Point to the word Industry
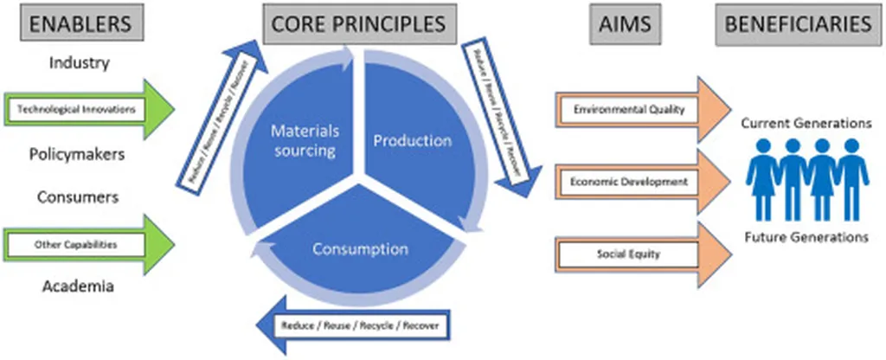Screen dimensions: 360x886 click(x=79, y=62)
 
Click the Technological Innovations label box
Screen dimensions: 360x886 click(x=76, y=110)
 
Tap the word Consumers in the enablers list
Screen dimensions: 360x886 click(x=77, y=196)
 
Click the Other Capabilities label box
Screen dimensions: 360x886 click(x=76, y=244)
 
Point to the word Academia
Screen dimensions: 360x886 click(x=78, y=286)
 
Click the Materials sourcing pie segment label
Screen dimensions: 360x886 click(x=304, y=139)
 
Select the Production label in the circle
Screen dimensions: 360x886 click(x=412, y=140)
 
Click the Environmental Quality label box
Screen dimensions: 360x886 click(x=628, y=110)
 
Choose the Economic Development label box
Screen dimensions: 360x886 click(x=628, y=182)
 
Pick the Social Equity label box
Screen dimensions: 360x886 click(x=628, y=254)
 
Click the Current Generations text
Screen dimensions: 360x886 click(x=806, y=124)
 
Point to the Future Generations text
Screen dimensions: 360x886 click(x=806, y=235)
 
